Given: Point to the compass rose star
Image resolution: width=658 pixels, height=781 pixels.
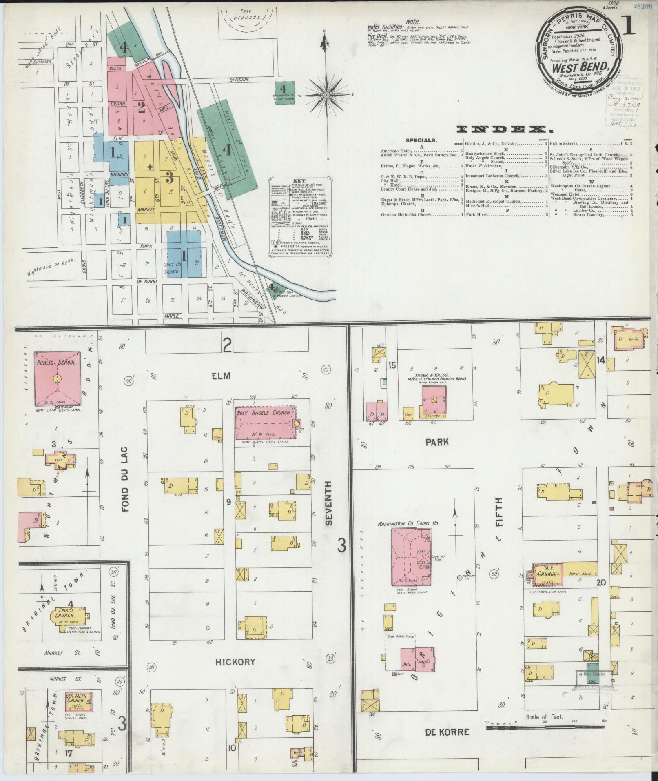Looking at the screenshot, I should coord(326,95).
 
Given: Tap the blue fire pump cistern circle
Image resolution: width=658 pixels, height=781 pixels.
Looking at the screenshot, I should coord(460,578).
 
